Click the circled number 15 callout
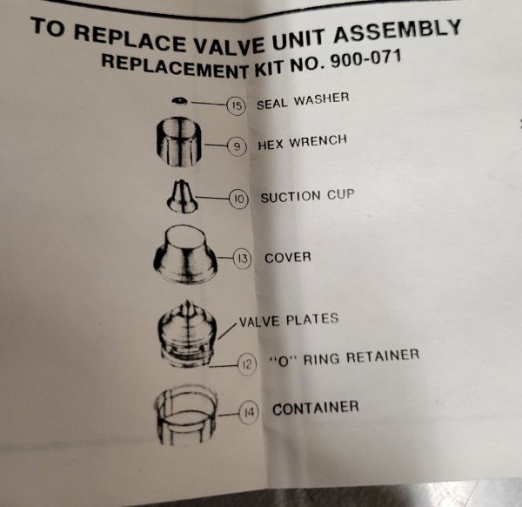coord(236,106)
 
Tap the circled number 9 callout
coord(237,146)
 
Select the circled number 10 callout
coord(239,199)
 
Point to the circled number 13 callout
coord(243,258)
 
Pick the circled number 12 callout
coord(247,364)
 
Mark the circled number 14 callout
coord(249,413)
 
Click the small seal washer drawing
coord(180,101)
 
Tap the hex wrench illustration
coord(179,142)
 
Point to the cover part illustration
coord(185,254)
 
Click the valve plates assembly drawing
coord(187,334)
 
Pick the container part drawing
coord(186,415)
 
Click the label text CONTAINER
coord(316,409)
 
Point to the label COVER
coord(288,257)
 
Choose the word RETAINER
coord(383,356)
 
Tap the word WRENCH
coord(318,141)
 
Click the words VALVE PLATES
coord(289,320)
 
